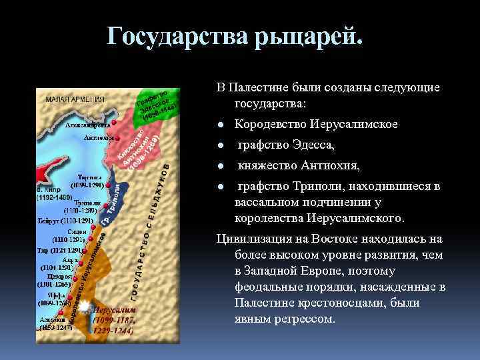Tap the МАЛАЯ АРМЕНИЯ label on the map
coord(76,99)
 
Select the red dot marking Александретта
coord(115,123)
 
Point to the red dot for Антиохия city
coord(117,138)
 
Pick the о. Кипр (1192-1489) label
coord(55,194)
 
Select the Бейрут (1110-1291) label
coord(65,219)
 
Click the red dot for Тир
coord(85,251)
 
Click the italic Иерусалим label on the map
coord(114,311)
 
